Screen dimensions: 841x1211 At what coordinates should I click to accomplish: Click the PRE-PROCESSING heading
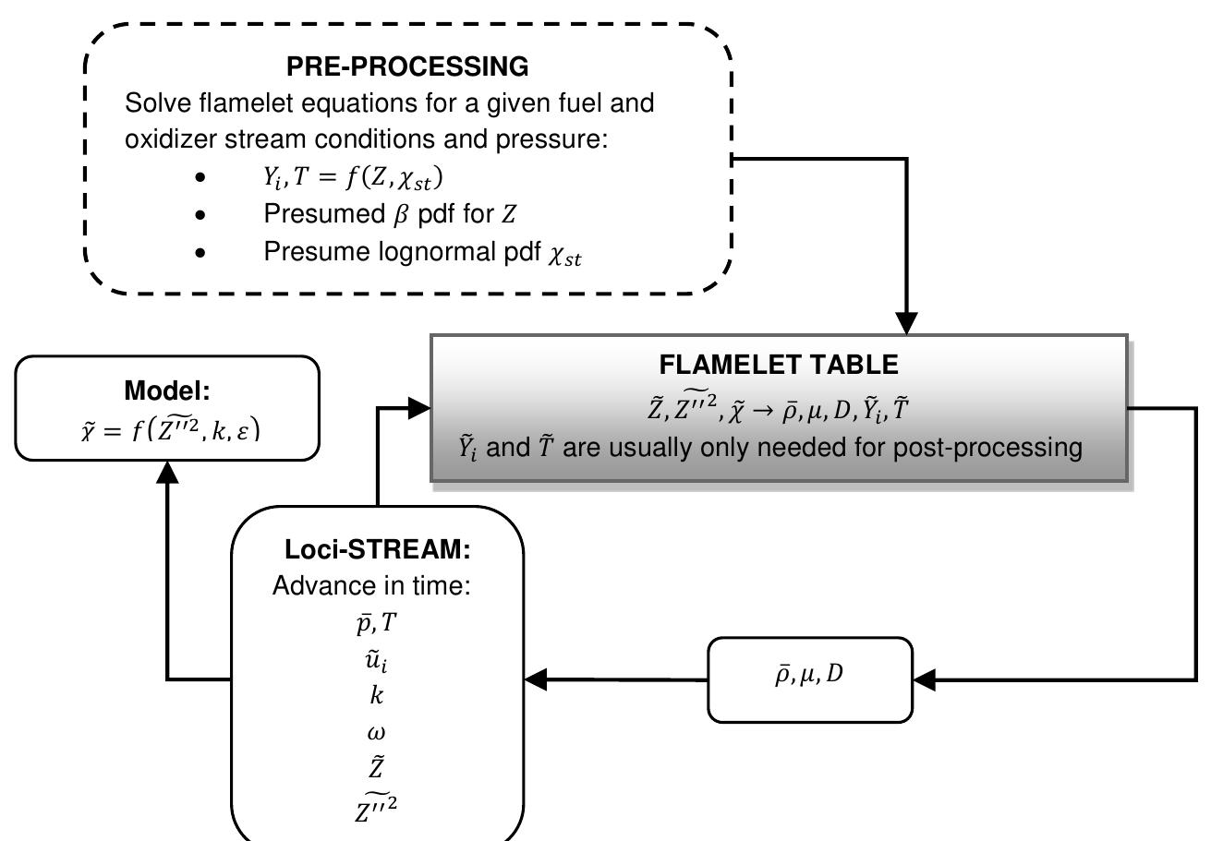pyautogui.click(x=407, y=66)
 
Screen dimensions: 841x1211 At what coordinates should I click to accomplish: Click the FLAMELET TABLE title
pyautogui.click(x=779, y=365)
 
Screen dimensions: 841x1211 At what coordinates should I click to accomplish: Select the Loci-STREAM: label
pyautogui.click(x=377, y=549)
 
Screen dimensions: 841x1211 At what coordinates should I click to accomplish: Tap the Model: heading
pyautogui.click(x=167, y=390)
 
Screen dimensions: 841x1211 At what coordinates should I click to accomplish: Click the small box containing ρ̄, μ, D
pyautogui.click(x=809, y=679)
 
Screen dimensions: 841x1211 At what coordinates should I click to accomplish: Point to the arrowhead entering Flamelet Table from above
pyautogui.click(x=907, y=323)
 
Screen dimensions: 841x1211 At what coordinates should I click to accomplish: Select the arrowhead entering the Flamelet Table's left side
pyautogui.click(x=419, y=407)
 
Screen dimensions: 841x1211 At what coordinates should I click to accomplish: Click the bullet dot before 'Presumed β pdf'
pyautogui.click(x=201, y=215)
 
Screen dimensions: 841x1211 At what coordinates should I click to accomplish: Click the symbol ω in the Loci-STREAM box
pyautogui.click(x=377, y=732)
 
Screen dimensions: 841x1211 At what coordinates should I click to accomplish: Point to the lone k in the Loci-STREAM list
pyautogui.click(x=377, y=696)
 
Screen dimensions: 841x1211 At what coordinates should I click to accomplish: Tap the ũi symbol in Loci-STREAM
pyautogui.click(x=377, y=660)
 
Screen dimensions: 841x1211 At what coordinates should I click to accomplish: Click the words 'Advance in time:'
pyautogui.click(x=371, y=587)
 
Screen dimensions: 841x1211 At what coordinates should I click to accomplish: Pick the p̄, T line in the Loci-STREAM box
pyautogui.click(x=377, y=624)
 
